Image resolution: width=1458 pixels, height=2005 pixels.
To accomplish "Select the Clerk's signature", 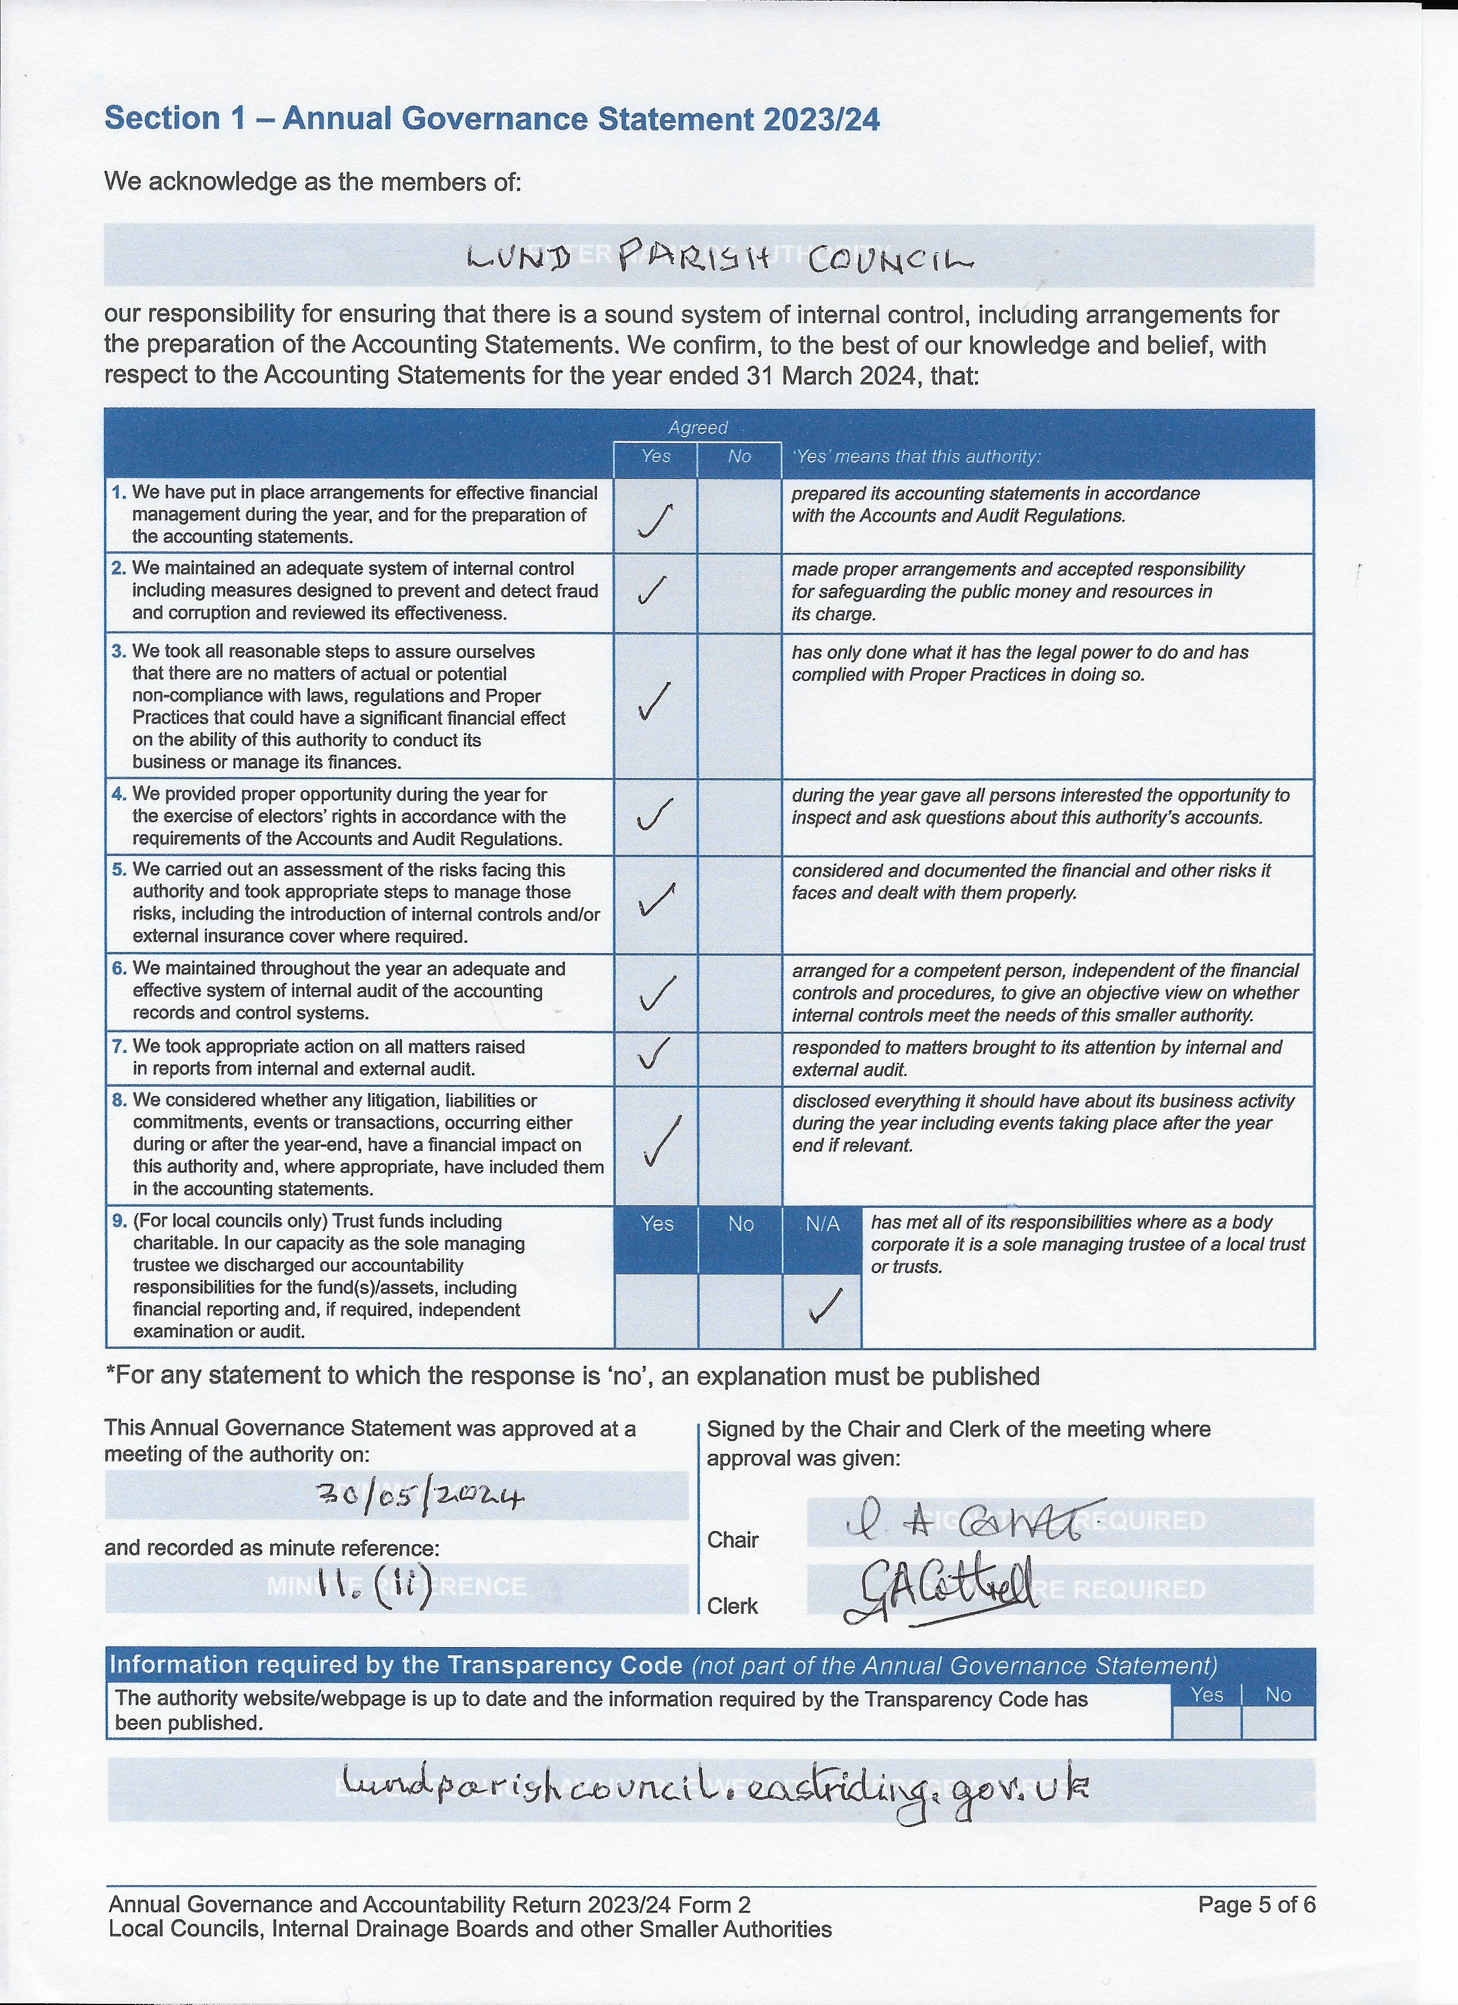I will tap(942, 1591).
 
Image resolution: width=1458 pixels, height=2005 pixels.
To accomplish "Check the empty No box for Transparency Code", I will tap(1278, 1722).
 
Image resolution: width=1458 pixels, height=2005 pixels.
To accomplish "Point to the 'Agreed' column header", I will tap(698, 428).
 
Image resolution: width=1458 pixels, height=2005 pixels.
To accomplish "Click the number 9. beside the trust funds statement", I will tap(119, 1221).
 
